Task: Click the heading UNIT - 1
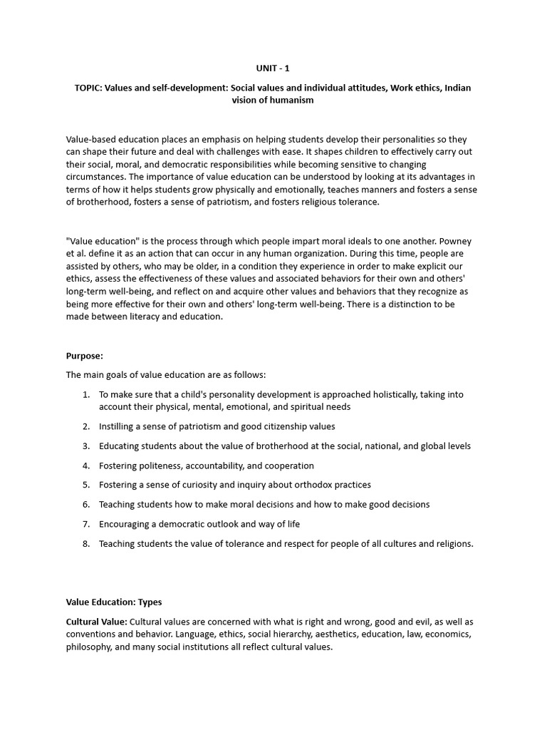(273, 68)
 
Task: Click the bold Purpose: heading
(85, 355)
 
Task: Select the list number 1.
(85, 394)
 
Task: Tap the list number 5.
(85, 485)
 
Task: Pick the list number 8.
(85, 544)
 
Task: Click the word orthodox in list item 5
(311, 485)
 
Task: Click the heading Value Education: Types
(119, 602)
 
